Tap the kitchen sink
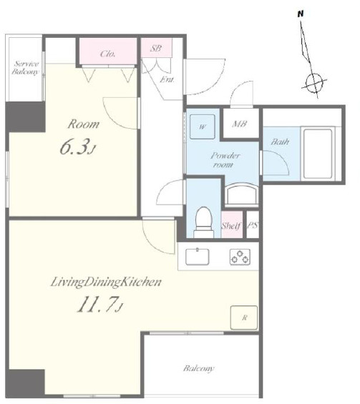pos(198,257)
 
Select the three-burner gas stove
pos(240,257)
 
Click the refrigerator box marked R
pos(244,317)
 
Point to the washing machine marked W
pos(202,127)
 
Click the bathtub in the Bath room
pos(318,154)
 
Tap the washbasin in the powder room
pos(241,194)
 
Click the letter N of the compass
pos(301,14)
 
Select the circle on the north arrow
pos(313,83)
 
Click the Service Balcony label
pos(25,67)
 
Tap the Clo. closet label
pos(108,54)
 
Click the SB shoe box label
pos(156,48)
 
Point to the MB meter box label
pos(240,124)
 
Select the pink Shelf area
pos(232,225)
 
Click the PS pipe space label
pos(253,225)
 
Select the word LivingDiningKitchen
pos(106,282)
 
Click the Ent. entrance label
pos(167,79)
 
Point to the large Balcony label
pos(198,368)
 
